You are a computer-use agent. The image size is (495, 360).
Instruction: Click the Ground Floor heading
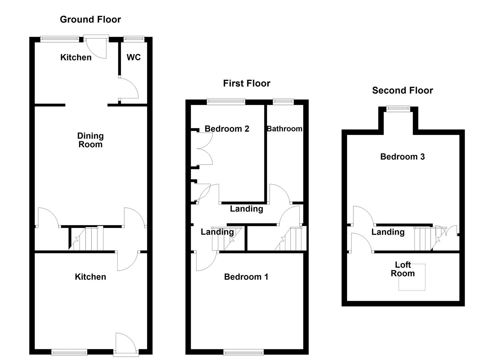coord(90,19)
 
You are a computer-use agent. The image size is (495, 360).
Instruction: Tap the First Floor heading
coord(246,83)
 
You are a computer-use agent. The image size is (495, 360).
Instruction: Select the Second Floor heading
coord(402,90)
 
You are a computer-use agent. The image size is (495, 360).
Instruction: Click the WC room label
coord(133,57)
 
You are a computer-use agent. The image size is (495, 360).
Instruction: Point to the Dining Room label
coord(90,140)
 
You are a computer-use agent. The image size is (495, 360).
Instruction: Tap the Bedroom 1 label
coord(246,277)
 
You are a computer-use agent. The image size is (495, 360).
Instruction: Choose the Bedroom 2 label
coord(227,129)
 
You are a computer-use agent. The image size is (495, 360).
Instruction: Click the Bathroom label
coord(284,129)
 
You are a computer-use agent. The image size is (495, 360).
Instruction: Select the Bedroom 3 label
coord(402,157)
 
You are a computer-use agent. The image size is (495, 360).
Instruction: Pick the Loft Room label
coord(403,269)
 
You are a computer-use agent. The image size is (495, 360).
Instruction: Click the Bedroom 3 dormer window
coord(398,108)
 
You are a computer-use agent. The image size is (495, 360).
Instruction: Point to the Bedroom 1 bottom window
coord(243,352)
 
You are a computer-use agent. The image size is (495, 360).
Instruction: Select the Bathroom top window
coord(283,101)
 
